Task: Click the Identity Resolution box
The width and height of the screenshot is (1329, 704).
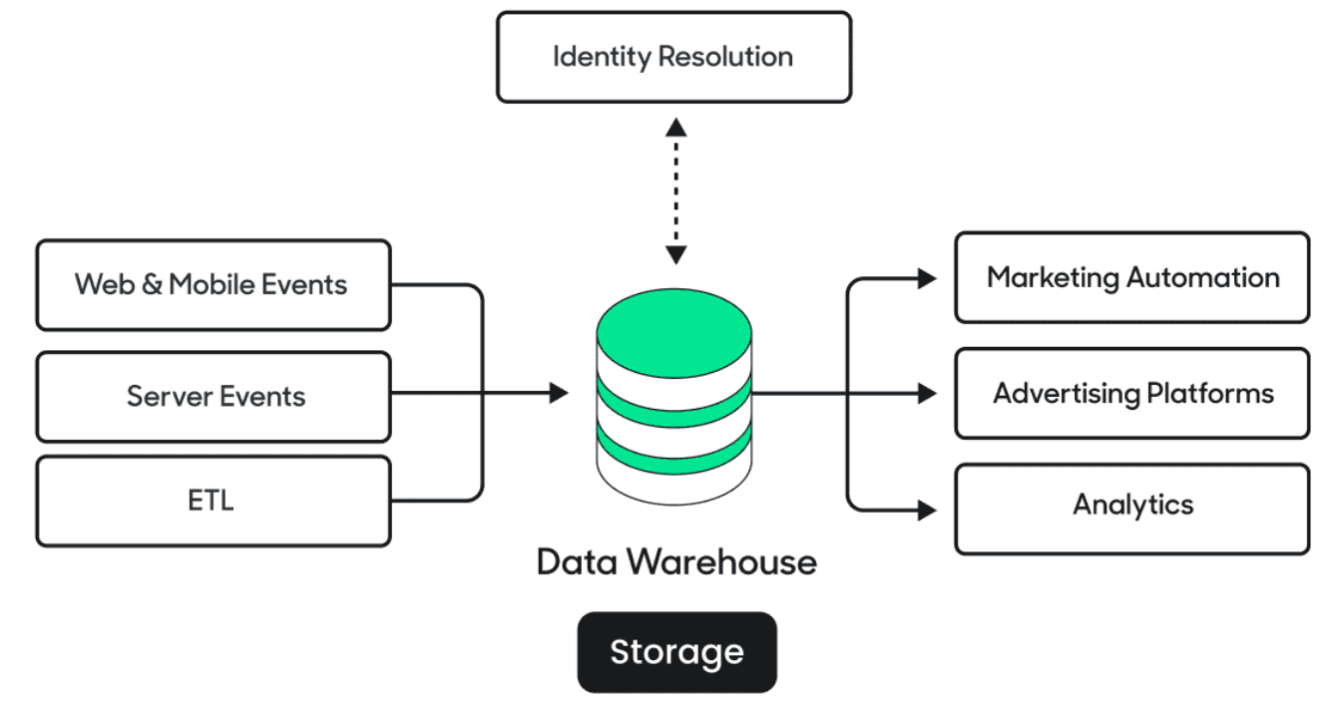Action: coord(673,57)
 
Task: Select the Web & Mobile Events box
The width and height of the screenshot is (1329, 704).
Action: coord(213,285)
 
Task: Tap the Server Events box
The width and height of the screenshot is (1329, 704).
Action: coord(213,397)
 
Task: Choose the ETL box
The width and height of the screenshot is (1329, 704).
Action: coord(213,501)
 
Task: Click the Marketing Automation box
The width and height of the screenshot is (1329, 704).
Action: coord(1131,278)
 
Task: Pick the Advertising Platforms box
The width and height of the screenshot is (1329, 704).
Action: coord(1131,394)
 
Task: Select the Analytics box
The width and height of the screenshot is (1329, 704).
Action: coord(1131,505)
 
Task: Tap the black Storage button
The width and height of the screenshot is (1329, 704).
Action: coord(676,652)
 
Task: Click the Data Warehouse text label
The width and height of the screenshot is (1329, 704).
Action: coord(676,562)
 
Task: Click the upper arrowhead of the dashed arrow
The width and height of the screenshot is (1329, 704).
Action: coord(676,127)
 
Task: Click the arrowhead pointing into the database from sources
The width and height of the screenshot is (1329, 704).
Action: coord(559,394)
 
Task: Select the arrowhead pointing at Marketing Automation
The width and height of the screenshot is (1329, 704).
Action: coord(927,278)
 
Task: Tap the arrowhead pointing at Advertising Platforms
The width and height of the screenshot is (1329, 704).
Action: coord(927,394)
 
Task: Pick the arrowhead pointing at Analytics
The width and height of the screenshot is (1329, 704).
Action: coord(927,510)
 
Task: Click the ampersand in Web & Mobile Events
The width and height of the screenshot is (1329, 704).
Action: coord(152,285)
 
